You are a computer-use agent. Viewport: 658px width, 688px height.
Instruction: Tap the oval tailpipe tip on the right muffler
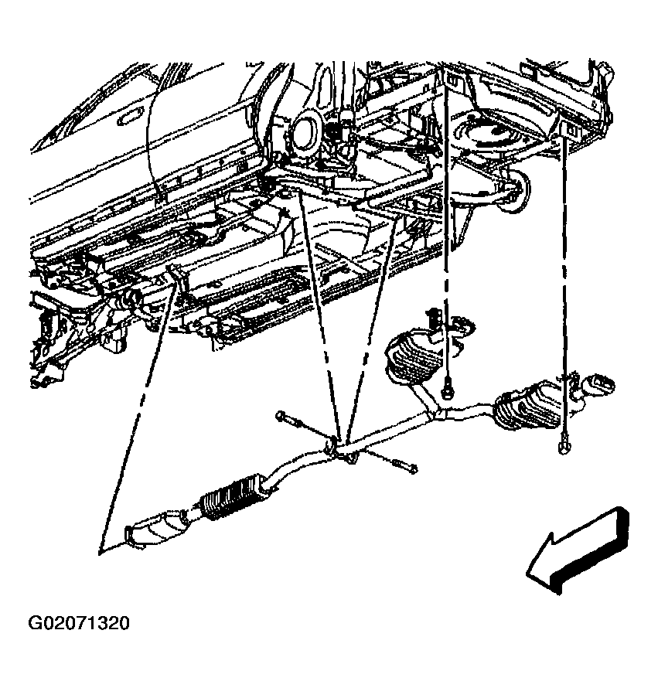pos(601,382)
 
